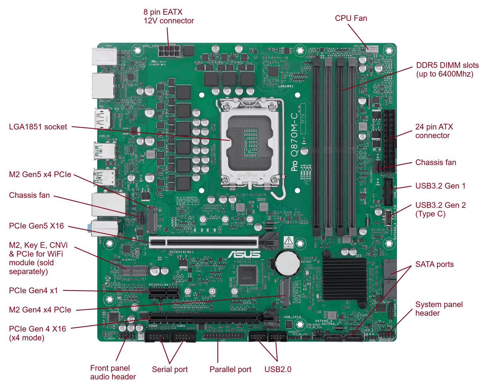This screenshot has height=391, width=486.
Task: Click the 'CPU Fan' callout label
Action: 351,18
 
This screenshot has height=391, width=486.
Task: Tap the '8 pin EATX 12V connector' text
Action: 169,16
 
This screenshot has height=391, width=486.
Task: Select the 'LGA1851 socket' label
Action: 38,127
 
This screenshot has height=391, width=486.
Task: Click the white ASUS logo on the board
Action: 244,254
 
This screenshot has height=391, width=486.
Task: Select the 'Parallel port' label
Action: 230,369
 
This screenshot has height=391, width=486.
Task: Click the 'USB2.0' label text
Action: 278,369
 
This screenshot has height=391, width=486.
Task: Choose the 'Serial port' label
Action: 170,369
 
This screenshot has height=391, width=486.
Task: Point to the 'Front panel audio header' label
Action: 113,372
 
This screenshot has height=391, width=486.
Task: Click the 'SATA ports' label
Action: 434,264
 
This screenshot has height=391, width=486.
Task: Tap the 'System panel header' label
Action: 439,309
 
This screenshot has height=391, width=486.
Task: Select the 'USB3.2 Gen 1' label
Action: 440,186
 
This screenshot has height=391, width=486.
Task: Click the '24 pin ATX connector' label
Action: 434,131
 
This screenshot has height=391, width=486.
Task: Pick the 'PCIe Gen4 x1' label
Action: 33,290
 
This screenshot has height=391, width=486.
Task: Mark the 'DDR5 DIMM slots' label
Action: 447,69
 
